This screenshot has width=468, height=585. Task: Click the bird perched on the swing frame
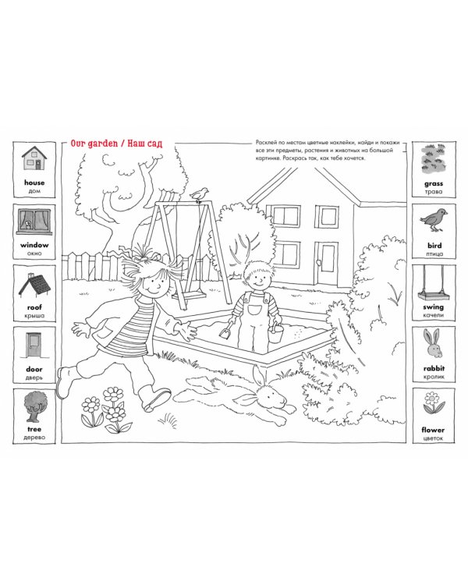click(x=200, y=195)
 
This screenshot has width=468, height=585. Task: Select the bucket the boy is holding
click(x=276, y=334)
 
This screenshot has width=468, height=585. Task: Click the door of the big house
click(x=328, y=263)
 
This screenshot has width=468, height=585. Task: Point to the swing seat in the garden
click(x=190, y=296)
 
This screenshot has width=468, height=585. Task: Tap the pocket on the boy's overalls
click(x=254, y=310)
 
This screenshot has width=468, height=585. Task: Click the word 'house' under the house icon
click(x=34, y=183)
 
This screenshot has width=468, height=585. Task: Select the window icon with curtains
click(x=34, y=223)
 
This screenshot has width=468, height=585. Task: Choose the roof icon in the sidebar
click(x=34, y=286)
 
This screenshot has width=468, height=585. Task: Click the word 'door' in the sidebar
click(x=34, y=369)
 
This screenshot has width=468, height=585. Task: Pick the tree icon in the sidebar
click(x=34, y=406)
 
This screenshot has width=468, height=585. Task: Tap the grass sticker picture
click(x=434, y=161)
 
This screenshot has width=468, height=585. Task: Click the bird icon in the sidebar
click(x=434, y=220)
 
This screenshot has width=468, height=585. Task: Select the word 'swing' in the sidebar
click(x=434, y=307)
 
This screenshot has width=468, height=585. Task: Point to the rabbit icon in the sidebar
click(x=433, y=344)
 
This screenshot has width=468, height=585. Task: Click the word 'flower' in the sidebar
click(x=433, y=430)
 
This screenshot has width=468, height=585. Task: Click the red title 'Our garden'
click(x=94, y=144)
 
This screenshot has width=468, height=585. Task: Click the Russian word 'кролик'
click(x=434, y=377)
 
